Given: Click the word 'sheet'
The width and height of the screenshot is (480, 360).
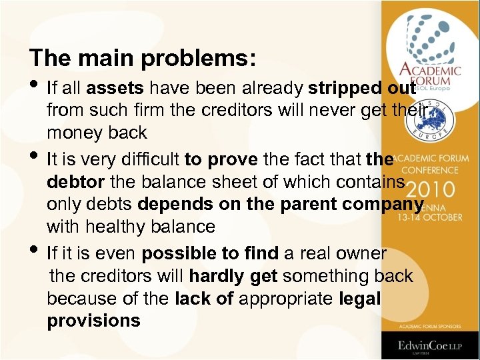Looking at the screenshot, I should [237, 182].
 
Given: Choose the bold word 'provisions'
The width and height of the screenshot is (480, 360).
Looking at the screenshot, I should [93, 321].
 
